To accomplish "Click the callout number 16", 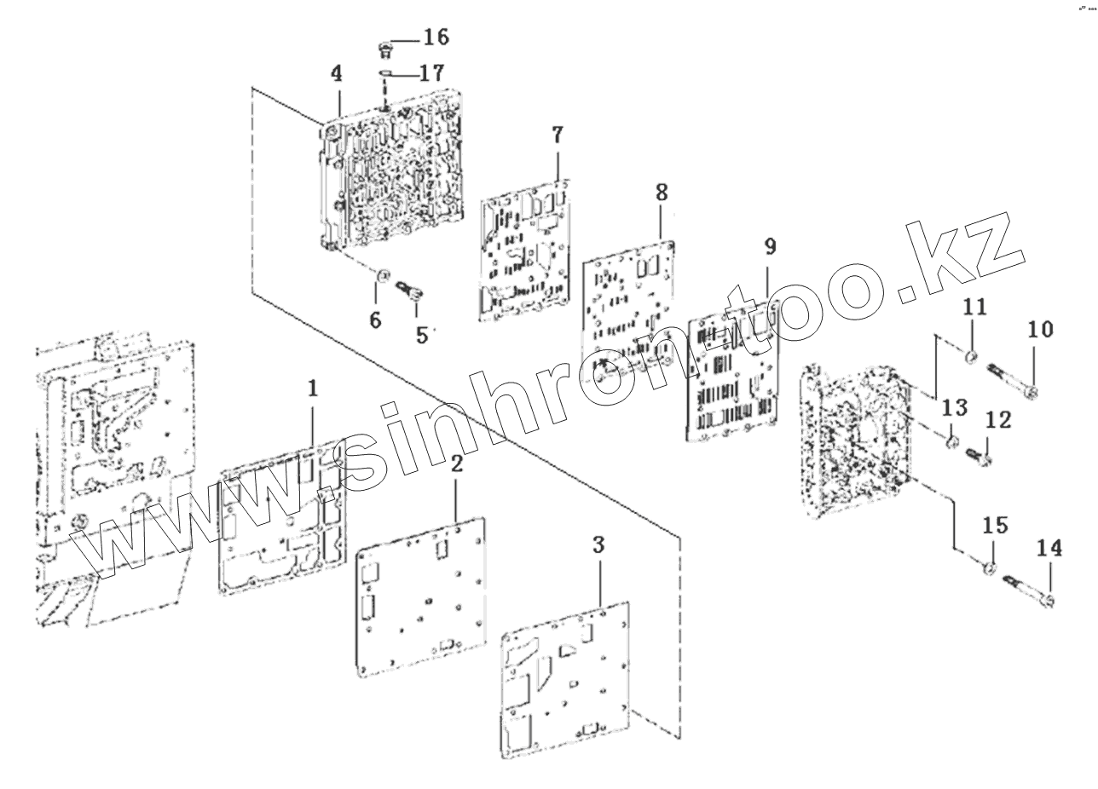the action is (435, 37).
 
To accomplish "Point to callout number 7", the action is (558, 134).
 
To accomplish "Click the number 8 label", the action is (662, 192).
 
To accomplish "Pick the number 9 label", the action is (770, 247).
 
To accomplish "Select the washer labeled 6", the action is (383, 275).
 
